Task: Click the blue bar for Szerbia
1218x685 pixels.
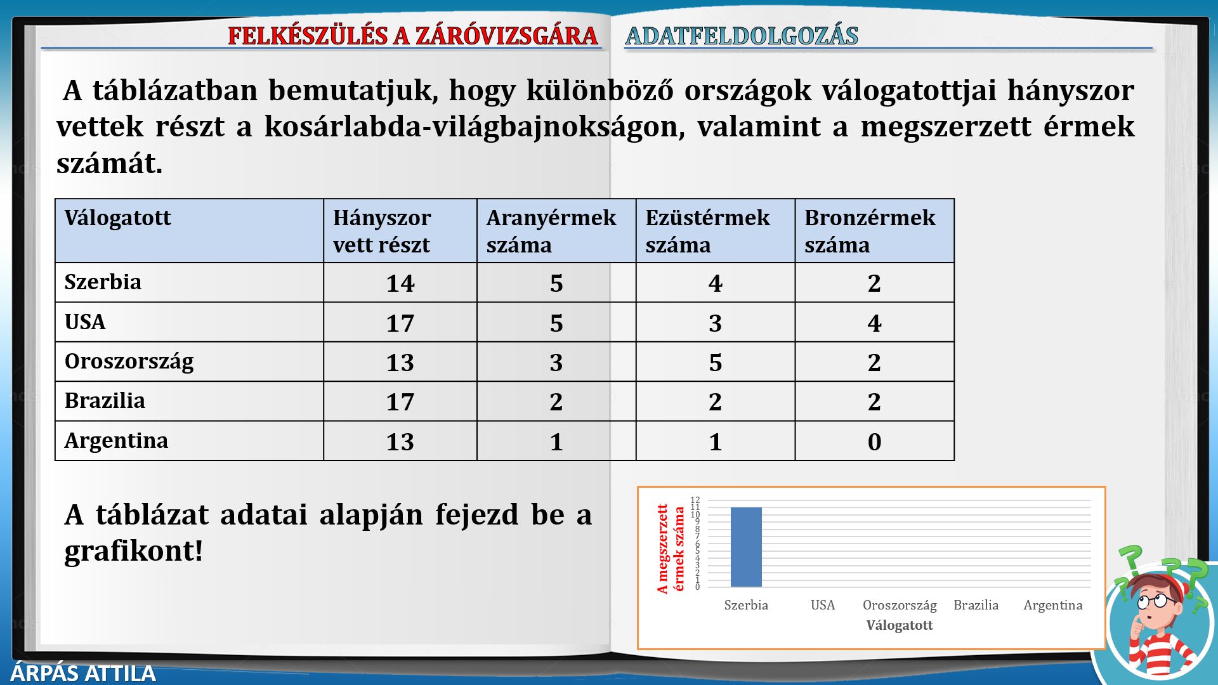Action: pos(746,547)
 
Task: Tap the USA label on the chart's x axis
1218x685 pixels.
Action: pos(823,605)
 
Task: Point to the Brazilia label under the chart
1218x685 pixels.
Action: pos(976,605)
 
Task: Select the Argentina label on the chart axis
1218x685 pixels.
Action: pos(1053,606)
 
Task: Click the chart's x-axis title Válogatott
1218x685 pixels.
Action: pos(900,625)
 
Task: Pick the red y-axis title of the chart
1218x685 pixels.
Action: pos(671,549)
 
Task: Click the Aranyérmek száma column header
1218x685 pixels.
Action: pos(551,231)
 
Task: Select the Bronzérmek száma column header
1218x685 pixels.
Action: pos(870,231)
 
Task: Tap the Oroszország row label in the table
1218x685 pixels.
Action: pos(129,362)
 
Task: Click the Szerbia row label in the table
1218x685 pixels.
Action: pos(103,282)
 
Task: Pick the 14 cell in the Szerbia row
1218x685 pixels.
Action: pos(400,284)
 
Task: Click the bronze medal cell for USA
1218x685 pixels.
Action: pos(874,323)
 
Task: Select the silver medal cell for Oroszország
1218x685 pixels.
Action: pos(715,363)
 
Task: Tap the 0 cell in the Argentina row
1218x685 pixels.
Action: pos(874,442)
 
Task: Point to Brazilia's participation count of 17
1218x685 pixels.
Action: pos(400,402)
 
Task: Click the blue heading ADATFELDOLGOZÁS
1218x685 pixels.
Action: pos(742,36)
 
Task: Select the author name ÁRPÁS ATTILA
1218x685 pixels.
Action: pos(83,673)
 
